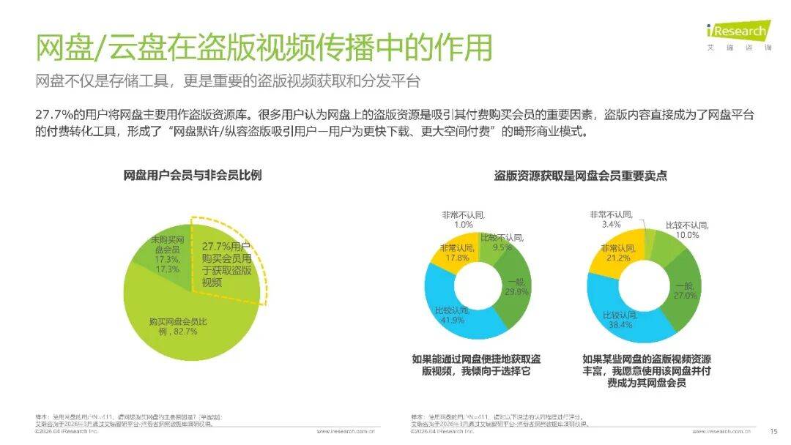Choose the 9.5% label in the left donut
pyautogui.click(x=502, y=247)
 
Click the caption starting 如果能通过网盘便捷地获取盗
pyautogui.click(x=476, y=365)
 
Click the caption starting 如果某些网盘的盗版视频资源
pyautogui.click(x=646, y=370)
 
